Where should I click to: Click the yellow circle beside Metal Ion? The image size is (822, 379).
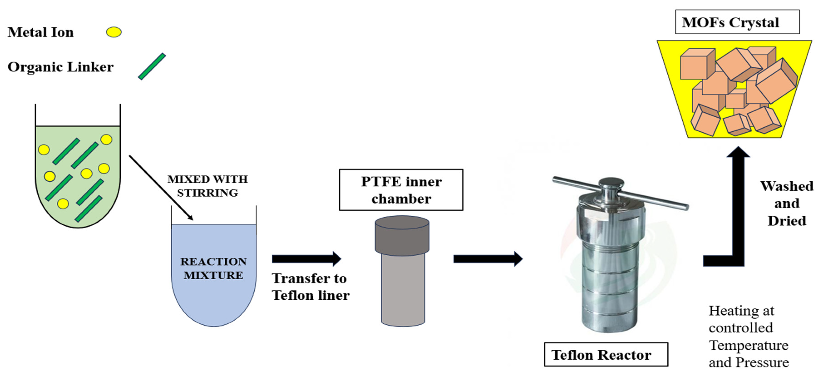(114, 32)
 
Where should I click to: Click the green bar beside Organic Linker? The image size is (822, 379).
(152, 66)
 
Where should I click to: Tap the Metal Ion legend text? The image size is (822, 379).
(41, 32)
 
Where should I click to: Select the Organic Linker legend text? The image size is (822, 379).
(60, 67)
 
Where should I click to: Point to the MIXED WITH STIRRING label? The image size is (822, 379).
(207, 186)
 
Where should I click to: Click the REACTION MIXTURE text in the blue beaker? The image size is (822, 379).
(213, 268)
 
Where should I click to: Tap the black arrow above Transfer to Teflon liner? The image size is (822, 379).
(306, 259)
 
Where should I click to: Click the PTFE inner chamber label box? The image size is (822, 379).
(401, 190)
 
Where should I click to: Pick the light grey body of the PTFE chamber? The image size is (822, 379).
(403, 289)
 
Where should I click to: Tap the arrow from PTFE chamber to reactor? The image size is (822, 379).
(487, 259)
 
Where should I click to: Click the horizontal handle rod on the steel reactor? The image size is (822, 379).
(654, 199)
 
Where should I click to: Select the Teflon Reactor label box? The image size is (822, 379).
(606, 354)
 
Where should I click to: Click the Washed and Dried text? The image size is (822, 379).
(787, 203)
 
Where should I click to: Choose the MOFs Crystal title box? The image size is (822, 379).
(737, 22)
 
